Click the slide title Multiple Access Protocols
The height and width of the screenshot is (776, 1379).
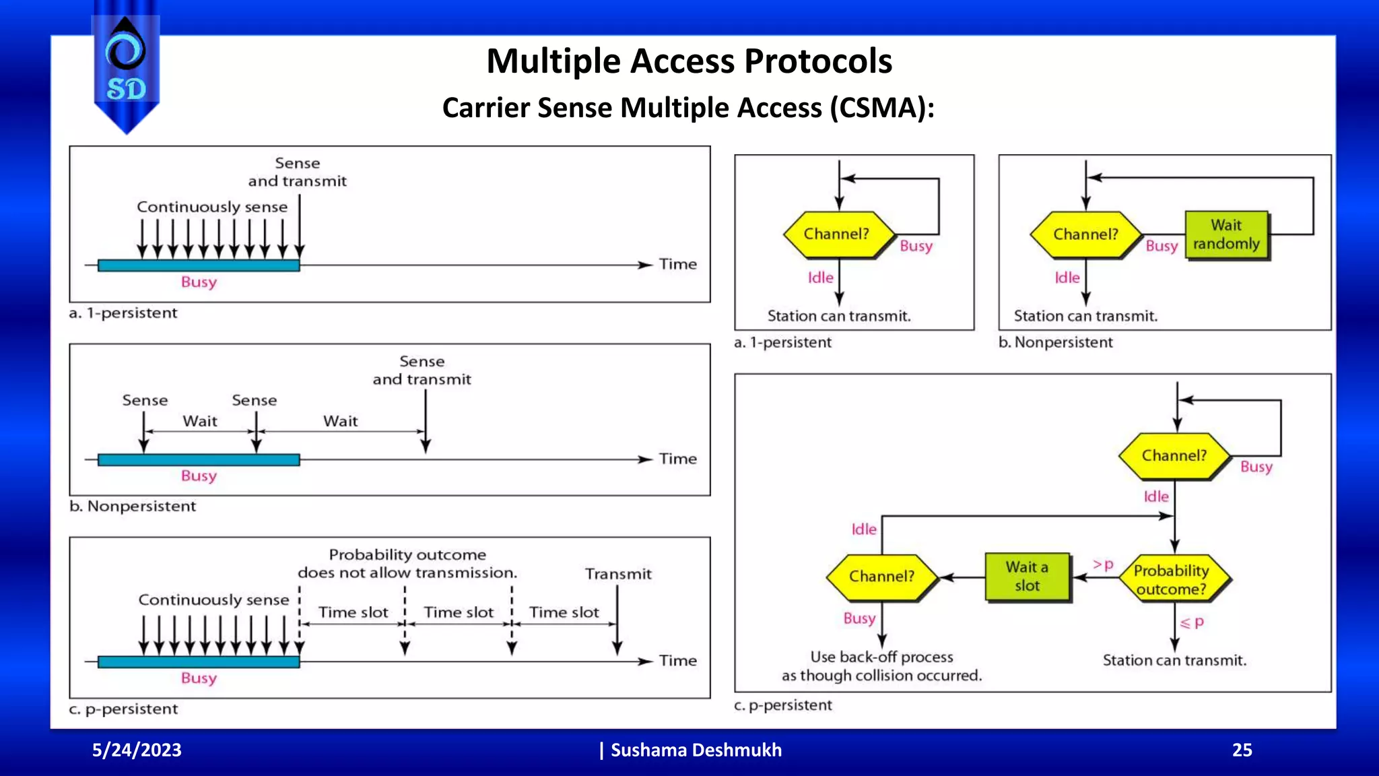pyautogui.click(x=689, y=61)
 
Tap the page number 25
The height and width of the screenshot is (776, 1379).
pyautogui.click(x=1242, y=750)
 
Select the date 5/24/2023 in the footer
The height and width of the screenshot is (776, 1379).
pyautogui.click(x=137, y=750)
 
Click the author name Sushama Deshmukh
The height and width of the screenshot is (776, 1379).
pyautogui.click(x=696, y=750)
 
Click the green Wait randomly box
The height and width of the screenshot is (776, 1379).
pyautogui.click(x=1226, y=234)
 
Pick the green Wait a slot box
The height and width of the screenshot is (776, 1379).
pyautogui.click(x=1027, y=577)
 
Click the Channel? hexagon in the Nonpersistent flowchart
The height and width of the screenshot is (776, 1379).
pyautogui.click(x=1085, y=234)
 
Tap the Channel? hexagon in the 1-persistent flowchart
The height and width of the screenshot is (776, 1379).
pyautogui.click(x=837, y=234)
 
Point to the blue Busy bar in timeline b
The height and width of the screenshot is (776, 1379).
pyautogui.click(x=199, y=459)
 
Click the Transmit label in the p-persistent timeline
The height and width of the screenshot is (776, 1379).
pyautogui.click(x=618, y=574)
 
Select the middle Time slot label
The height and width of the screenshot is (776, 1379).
pyautogui.click(x=459, y=612)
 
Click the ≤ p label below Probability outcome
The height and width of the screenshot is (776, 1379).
pyautogui.click(x=1192, y=622)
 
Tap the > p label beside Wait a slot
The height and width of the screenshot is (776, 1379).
pyautogui.click(x=1103, y=564)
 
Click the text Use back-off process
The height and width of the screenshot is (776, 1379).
pyautogui.click(x=881, y=657)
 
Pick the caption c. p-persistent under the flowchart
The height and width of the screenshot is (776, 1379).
pyautogui.click(x=783, y=705)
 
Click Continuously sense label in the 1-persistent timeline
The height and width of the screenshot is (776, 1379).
pyautogui.click(x=212, y=207)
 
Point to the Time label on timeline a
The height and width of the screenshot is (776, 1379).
pyautogui.click(x=677, y=264)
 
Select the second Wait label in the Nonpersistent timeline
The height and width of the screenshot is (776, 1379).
pyautogui.click(x=340, y=421)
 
